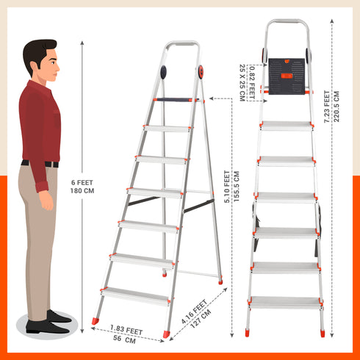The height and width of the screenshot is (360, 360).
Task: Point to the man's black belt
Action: point(40,163)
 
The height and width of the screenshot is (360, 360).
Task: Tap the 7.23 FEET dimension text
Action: point(327,107)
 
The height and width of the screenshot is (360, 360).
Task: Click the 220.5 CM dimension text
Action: point(336,107)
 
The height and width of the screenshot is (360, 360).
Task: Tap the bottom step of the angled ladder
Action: point(135,295)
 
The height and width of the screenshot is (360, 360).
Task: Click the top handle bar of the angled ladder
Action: point(182,45)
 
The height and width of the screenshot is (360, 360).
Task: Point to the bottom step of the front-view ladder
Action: point(287,302)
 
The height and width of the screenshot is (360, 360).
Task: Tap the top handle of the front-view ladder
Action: point(287,22)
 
